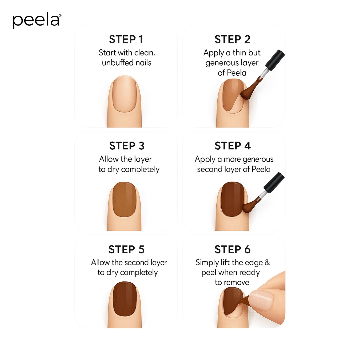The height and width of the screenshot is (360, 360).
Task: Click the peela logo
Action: click(37, 21)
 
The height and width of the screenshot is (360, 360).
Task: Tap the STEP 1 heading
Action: click(126, 39)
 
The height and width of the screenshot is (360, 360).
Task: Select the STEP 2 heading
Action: click(232, 39)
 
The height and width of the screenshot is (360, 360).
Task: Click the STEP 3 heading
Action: click(127, 146)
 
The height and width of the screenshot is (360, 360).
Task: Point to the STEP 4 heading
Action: click(233, 146)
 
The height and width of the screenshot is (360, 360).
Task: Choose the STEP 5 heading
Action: click(126, 250)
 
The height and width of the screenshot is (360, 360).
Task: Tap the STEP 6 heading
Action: click(232, 250)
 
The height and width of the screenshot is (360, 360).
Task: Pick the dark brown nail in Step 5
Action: click(124, 298)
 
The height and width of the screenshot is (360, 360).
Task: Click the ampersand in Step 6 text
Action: click(267, 263)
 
